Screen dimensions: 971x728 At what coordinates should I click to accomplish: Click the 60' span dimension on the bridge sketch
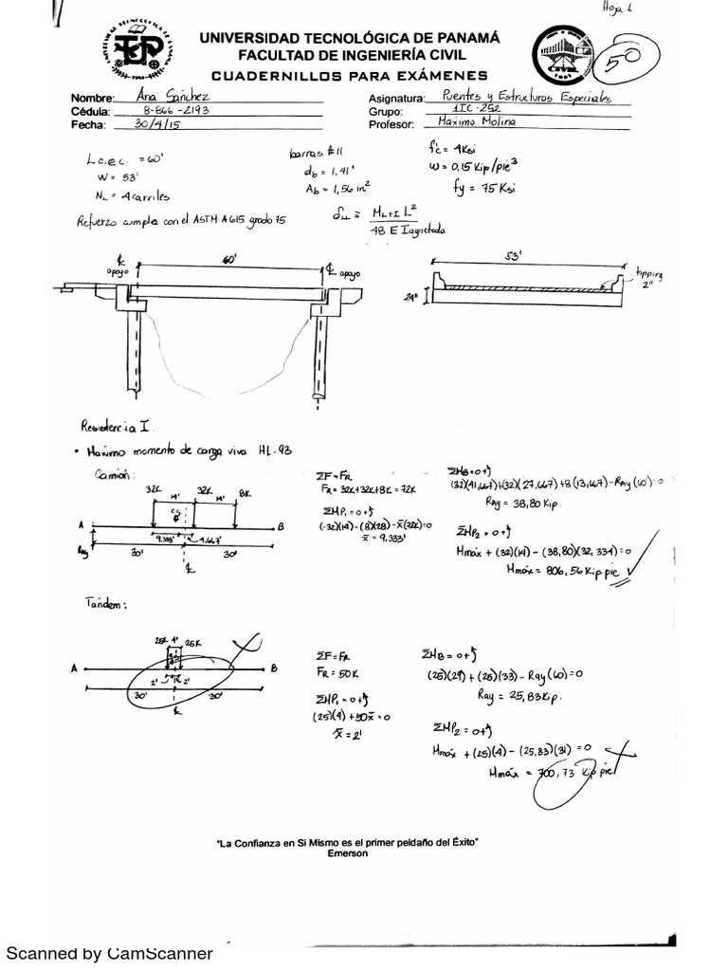pos(228,259)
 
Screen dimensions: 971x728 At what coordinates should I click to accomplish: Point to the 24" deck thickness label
pos(410,296)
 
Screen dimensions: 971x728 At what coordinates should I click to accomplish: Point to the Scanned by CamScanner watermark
pos(109,952)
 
